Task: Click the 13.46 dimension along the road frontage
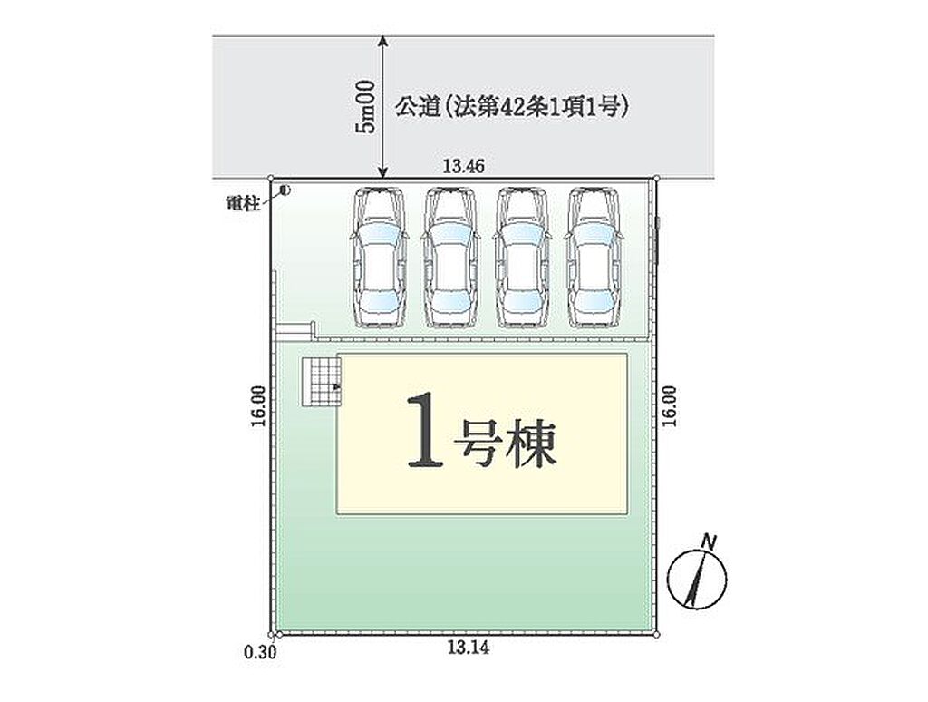463,167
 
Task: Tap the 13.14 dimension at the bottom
469,648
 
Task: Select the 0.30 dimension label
260,652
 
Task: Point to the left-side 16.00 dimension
258,406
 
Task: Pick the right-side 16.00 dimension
670,406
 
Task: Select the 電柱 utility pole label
243,204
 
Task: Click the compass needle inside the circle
697,579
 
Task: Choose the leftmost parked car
380,257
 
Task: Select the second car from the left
451,257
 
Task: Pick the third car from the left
523,257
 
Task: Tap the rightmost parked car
594,257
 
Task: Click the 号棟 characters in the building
506,444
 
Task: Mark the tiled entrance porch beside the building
322,382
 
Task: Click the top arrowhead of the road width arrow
383,40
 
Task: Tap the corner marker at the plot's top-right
656,178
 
